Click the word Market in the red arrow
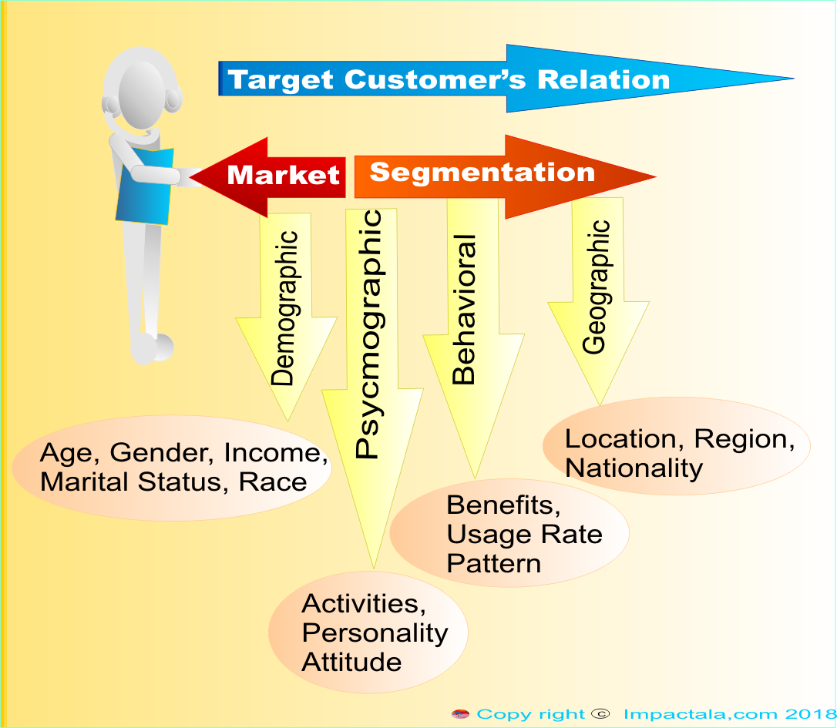tap(284, 175)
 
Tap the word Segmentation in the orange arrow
tap(482, 173)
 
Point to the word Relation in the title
tap(603, 79)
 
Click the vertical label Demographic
tap(284, 308)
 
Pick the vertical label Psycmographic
tap(369, 334)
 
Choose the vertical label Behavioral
tap(463, 310)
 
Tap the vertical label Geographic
tap(595, 287)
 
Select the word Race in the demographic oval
tap(272, 482)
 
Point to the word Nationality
tap(634, 468)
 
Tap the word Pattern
tap(494, 564)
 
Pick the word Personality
tap(375, 633)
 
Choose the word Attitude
tap(351, 663)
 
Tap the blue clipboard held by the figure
tap(145, 186)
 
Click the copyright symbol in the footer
tap(601, 713)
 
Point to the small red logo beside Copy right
tap(460, 714)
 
